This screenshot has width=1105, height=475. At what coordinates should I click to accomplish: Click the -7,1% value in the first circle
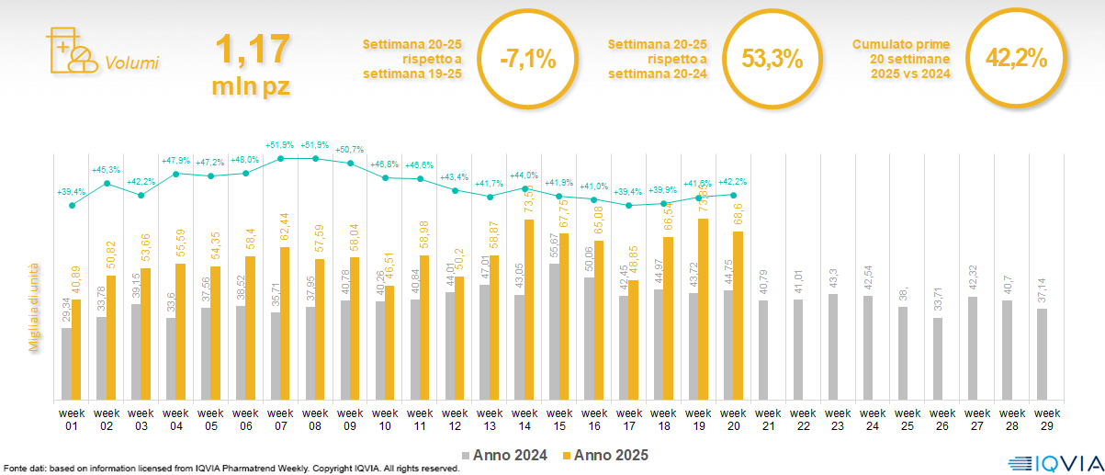coord(527,61)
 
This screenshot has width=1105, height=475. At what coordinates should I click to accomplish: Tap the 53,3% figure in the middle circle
coord(772,61)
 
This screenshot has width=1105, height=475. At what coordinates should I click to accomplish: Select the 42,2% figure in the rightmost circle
coord(1016,59)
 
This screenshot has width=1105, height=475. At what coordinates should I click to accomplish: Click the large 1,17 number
coord(252,51)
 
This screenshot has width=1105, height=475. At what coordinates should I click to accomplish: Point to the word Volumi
coord(131,63)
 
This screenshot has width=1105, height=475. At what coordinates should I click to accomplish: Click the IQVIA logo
coord(1048,463)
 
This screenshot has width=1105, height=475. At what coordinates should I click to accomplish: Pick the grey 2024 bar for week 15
coord(555,332)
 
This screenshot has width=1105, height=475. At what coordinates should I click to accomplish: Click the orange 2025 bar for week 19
coord(704,309)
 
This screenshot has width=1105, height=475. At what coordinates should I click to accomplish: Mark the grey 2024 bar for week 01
coord(66,364)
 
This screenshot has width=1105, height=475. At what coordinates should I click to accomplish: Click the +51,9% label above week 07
coord(279,145)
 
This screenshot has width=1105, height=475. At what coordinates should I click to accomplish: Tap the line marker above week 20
coord(733,195)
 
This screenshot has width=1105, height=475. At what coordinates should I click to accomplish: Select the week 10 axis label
coord(385,418)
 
